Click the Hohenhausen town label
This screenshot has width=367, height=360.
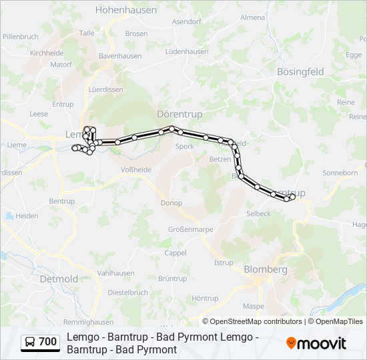point(126,10)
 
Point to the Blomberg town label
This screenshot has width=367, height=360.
point(266,269)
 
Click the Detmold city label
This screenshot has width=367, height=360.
point(59,278)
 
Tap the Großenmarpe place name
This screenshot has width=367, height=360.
point(190,230)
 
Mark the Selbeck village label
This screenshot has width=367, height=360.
point(258,214)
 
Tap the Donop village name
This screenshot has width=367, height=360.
point(171,203)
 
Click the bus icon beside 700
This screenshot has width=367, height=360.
point(30,343)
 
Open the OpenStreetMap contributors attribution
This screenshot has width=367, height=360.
point(256,321)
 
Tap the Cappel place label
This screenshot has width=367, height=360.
point(175,253)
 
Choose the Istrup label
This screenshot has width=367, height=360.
point(224,263)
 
